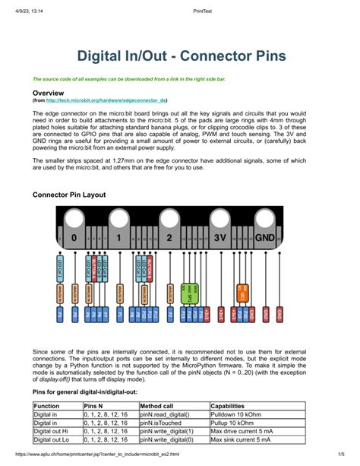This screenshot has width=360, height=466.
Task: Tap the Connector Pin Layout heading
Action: coord(68,195)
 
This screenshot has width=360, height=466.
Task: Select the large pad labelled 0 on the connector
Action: coord(74,237)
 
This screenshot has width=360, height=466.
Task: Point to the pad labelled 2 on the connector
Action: coord(170,237)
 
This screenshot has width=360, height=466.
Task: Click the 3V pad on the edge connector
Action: coord(221,237)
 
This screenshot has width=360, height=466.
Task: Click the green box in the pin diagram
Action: coord(193,292)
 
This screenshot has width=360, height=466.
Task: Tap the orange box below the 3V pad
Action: coord(243,292)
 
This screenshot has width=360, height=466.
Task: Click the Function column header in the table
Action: coord(46,407)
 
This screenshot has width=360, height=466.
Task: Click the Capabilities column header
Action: coord(232,407)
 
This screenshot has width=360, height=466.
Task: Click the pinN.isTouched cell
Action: coord(161,423)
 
